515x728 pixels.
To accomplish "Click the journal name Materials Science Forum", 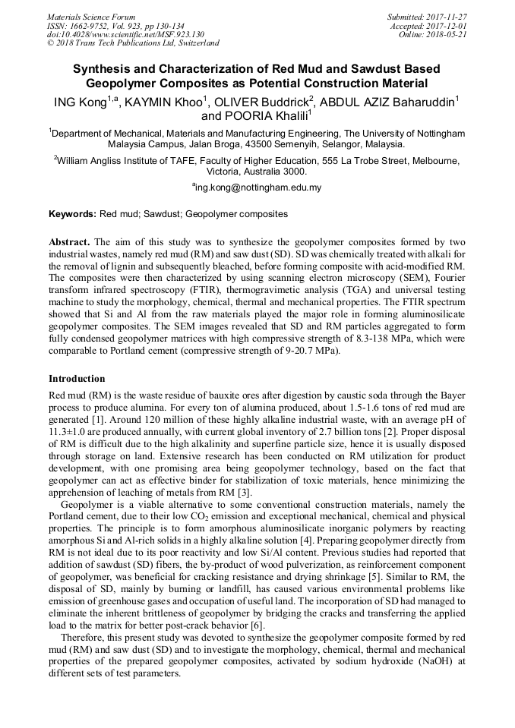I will [x=91, y=17].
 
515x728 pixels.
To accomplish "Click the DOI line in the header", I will [x=125, y=34].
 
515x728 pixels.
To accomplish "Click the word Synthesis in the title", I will [x=101, y=68].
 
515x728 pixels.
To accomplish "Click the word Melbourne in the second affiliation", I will [x=433, y=161].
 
